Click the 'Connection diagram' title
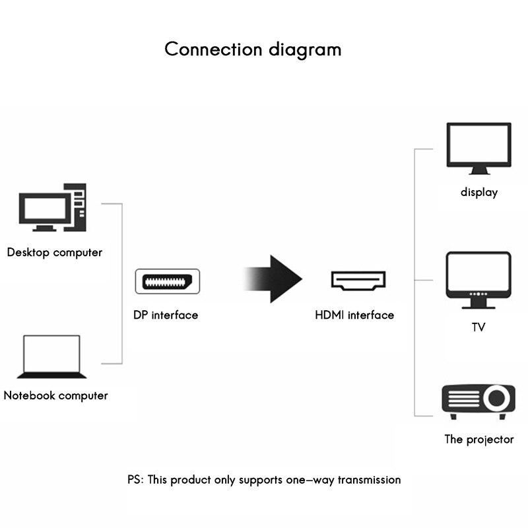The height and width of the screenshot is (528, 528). (x=253, y=49)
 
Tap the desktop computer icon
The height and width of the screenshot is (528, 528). (x=52, y=207)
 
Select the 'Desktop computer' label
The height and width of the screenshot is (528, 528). (x=55, y=252)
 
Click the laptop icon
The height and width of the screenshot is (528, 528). (x=51, y=357)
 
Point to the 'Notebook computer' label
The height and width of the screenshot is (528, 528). (x=55, y=396)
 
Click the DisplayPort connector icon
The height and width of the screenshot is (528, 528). (x=168, y=280)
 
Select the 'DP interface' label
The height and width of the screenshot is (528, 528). (x=166, y=315)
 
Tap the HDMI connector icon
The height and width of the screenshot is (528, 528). (x=358, y=281)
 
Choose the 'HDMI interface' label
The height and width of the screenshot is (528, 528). (x=354, y=315)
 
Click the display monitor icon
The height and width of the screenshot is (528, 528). (x=478, y=148)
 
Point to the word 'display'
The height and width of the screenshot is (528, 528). (x=479, y=193)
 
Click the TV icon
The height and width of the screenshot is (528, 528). (x=478, y=279)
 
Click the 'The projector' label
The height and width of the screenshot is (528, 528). (x=478, y=440)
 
